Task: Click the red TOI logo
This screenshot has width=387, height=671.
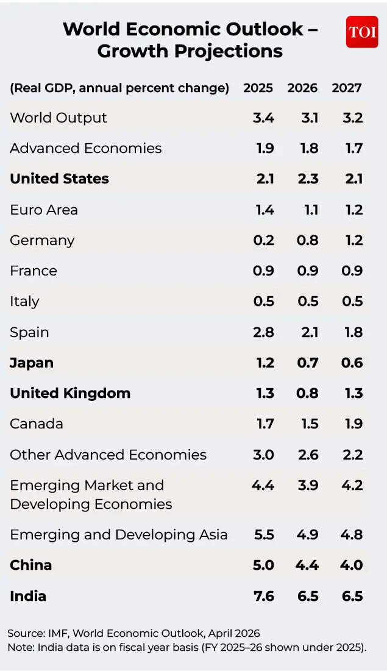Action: point(362,32)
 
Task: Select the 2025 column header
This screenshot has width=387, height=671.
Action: point(258,88)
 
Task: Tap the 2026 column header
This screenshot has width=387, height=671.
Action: point(302,88)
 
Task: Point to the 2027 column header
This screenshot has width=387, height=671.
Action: point(347,88)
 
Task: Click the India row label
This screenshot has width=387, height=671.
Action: point(28,595)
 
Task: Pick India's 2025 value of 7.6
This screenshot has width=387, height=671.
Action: point(263,595)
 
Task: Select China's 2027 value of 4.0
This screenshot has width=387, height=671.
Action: point(351,565)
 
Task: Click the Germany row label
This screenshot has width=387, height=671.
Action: point(42,240)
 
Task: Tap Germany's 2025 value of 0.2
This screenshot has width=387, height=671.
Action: point(263,240)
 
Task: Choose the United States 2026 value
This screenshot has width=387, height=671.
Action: point(307,179)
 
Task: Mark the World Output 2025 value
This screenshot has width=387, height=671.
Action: point(263,118)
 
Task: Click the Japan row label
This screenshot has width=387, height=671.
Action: point(32,363)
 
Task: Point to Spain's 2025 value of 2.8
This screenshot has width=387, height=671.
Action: point(263,332)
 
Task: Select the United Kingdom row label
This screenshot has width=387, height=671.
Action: point(70,393)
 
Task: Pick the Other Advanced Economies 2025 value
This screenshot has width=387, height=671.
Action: point(263,455)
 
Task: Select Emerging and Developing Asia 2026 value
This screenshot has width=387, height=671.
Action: point(307,534)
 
